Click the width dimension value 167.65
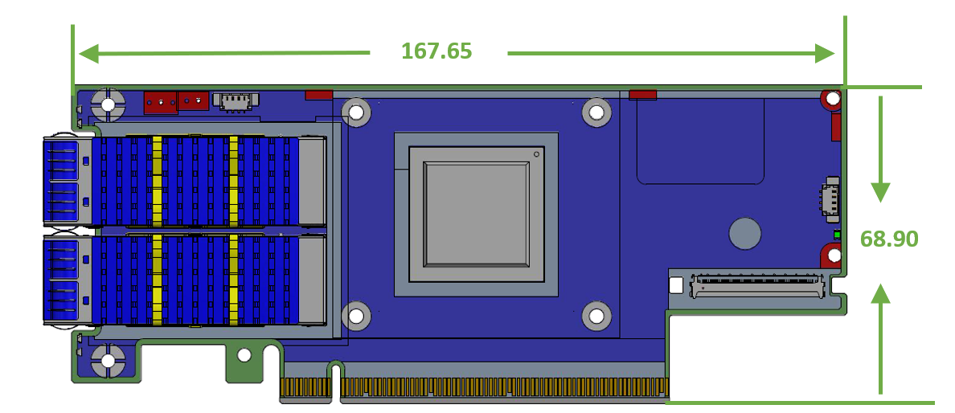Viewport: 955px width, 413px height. [437, 51]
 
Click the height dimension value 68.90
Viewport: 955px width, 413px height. [888, 239]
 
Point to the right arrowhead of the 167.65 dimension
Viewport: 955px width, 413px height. [826, 54]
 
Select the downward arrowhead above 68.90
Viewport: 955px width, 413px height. [881, 192]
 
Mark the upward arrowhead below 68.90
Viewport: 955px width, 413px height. [881, 293]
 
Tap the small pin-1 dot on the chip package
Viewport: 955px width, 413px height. [536, 153]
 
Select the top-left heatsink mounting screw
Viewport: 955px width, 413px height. [356, 111]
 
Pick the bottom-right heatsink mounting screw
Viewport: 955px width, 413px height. [596, 316]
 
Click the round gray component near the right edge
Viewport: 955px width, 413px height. [744, 233]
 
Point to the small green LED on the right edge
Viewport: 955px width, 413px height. [837, 235]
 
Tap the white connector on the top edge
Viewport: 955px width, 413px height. [236, 100]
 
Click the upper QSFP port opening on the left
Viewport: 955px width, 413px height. [62, 182]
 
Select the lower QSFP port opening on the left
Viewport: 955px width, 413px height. [62, 280]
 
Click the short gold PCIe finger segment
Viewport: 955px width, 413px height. [305, 388]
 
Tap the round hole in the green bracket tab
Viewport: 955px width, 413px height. [244, 354]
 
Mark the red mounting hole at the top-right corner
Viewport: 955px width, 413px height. [831, 100]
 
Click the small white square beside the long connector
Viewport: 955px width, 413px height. [676, 284]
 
